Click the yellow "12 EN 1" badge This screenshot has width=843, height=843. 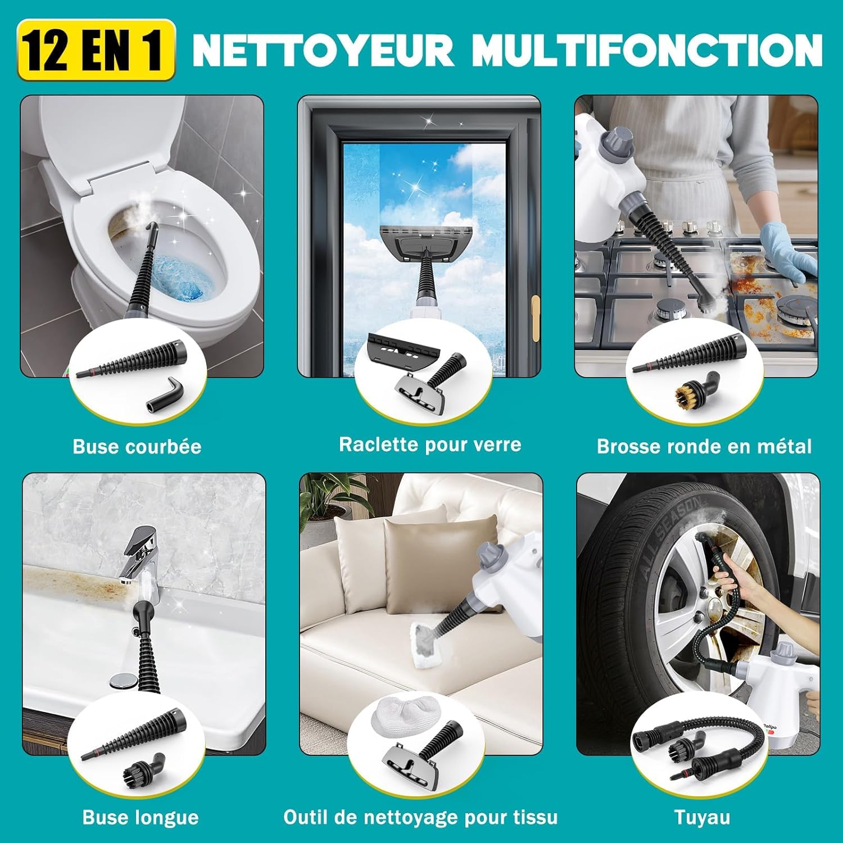pos(96,51)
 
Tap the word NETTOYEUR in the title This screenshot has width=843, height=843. pos(323,51)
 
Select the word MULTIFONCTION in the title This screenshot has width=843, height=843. pos(646,51)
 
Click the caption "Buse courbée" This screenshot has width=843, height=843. pos(137,446)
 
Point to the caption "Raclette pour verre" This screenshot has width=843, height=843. pos(430,445)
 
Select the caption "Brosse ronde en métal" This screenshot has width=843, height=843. pos(704,446)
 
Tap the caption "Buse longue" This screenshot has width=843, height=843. pos(140,817)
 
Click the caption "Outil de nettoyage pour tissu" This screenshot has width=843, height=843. pos(420,817)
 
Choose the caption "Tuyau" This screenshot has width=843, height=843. pos(702,817)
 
